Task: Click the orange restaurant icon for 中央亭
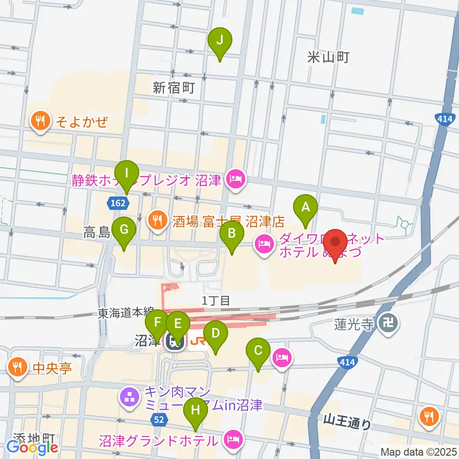(x=18, y=367)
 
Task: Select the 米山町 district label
(x=328, y=58)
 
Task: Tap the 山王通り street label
(x=347, y=422)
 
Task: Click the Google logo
(x=32, y=448)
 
